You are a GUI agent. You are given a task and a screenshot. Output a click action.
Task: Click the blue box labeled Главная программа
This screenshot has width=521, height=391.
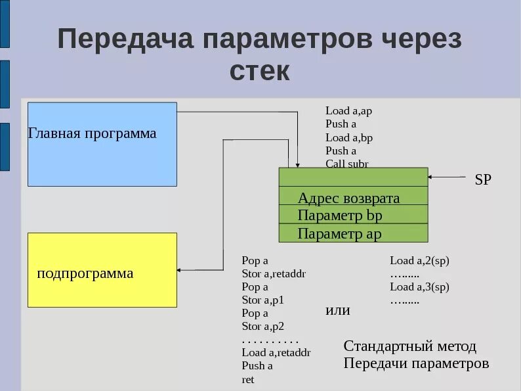(x=102, y=144)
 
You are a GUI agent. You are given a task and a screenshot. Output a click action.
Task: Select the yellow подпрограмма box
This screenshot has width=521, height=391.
(x=102, y=270)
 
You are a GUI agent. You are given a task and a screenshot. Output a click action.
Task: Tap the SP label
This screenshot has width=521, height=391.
(x=482, y=180)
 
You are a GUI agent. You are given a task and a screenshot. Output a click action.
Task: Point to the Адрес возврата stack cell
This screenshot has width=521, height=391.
(x=353, y=198)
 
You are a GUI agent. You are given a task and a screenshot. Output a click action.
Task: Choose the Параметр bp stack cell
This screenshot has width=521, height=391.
(x=353, y=216)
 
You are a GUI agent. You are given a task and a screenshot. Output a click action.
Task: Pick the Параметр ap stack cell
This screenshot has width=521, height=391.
(x=353, y=233)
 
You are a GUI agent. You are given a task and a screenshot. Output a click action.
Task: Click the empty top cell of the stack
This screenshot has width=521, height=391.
(x=353, y=177)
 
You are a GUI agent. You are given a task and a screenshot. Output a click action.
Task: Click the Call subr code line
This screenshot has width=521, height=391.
(x=346, y=164)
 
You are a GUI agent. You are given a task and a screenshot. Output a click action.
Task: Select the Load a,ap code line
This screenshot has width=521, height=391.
(x=348, y=111)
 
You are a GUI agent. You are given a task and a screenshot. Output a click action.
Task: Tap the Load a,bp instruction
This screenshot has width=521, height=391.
(x=349, y=137)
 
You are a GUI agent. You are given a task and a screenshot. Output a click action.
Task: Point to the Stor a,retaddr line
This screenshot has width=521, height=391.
(x=274, y=273)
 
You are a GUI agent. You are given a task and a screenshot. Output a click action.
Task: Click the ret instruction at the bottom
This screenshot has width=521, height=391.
(x=248, y=379)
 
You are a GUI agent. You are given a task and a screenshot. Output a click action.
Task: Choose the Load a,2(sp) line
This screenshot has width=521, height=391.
(x=419, y=260)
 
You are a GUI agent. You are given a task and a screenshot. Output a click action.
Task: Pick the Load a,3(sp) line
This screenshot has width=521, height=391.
(x=419, y=287)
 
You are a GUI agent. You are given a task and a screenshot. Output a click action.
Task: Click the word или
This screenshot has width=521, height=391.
(x=338, y=310)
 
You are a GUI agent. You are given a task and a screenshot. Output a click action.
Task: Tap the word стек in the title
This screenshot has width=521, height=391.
(x=260, y=71)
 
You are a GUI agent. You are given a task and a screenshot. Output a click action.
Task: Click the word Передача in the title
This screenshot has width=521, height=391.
(x=125, y=39)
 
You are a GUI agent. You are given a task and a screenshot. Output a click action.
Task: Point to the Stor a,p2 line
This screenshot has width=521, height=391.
(x=262, y=326)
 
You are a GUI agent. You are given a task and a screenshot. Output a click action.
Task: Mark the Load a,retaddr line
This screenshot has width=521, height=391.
(x=276, y=352)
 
